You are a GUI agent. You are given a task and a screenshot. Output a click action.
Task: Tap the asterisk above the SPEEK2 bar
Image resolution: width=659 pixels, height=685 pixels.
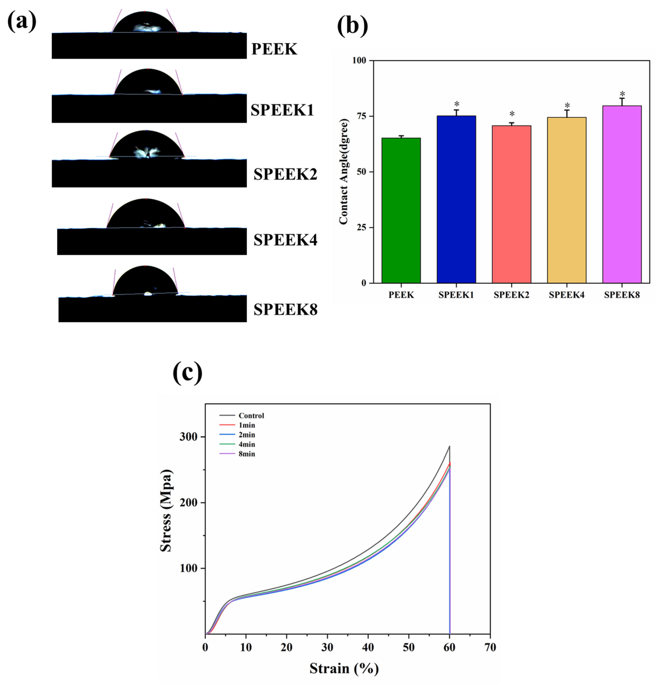pyautogui.click(x=512, y=114)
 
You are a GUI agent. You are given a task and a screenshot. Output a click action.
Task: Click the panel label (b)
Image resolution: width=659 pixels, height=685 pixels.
pyautogui.click(x=352, y=26)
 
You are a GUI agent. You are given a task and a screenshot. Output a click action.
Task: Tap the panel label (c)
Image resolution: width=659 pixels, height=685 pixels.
pyautogui.click(x=188, y=373)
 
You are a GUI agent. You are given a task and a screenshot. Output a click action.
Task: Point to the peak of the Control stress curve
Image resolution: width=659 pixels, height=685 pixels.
pyautogui.click(x=449, y=446)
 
